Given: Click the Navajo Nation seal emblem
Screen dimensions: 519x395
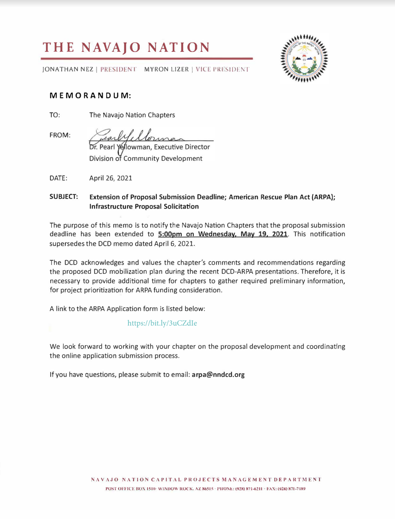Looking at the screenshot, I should point(304,58).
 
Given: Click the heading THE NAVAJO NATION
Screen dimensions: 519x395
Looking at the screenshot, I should point(126,47).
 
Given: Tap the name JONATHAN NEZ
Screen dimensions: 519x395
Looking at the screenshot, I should point(68,69).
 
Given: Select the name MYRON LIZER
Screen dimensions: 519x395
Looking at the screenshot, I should point(166,69).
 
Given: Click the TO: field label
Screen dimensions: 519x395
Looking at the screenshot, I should point(55,115).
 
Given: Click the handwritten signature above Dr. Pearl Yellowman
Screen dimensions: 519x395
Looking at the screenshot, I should point(140,136).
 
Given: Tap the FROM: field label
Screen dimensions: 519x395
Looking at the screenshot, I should point(60,135).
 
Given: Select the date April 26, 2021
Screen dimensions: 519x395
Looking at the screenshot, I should point(111,178).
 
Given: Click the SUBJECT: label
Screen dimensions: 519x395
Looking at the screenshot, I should point(64,197).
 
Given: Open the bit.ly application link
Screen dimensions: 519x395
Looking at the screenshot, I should point(162,323).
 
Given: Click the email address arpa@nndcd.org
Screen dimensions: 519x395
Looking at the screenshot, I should point(218,375).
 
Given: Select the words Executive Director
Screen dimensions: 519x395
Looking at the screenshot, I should point(182,147).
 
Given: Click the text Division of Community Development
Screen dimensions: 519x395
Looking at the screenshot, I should point(146,159).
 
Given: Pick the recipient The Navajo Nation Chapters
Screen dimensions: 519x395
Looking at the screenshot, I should point(132,115).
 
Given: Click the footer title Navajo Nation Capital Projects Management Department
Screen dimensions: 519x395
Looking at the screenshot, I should point(206,480).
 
